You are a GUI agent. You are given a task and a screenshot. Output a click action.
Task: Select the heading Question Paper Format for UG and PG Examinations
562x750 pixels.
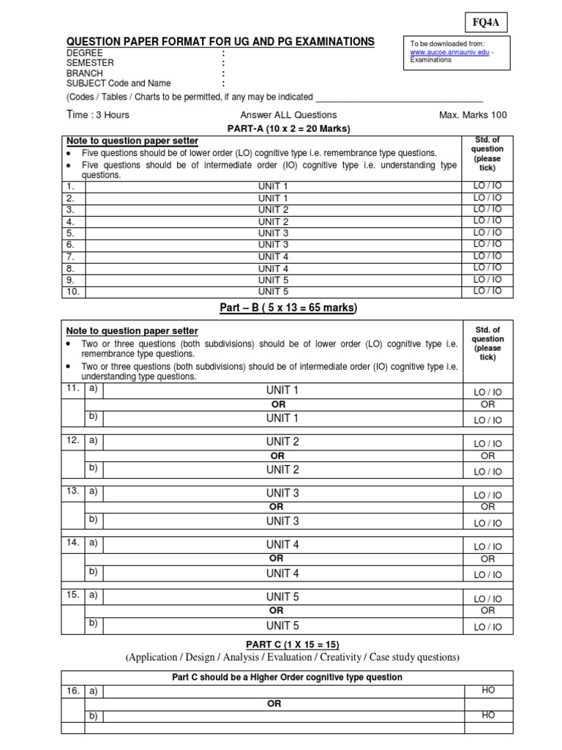point(220,42)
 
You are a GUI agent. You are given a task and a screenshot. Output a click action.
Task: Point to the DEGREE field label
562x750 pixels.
point(85,53)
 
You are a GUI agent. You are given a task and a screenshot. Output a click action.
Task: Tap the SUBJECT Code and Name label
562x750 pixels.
point(119,83)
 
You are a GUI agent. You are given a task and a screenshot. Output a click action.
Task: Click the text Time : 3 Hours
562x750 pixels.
point(99,114)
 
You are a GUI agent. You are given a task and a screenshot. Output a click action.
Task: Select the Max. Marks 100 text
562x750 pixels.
point(472,115)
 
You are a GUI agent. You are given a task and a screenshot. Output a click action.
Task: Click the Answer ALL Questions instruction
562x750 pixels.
point(288,115)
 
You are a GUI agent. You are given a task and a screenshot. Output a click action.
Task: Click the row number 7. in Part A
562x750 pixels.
point(71,256)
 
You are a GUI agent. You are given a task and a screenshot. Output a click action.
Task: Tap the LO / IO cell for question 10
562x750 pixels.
point(487,291)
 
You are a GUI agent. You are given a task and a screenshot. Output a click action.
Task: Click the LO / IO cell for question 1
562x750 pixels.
point(487,186)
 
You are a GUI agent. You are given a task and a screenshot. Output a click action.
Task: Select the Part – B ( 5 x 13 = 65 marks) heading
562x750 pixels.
point(288,308)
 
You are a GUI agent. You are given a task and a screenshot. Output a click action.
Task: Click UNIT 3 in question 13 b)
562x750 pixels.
point(282,521)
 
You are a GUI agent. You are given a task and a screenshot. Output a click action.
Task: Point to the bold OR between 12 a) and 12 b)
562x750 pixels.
point(277,456)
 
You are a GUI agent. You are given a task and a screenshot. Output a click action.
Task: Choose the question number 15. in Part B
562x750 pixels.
point(72,595)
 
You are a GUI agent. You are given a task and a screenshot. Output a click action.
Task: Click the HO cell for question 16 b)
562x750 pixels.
point(487,715)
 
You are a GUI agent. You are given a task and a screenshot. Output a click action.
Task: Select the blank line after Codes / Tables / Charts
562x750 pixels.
point(400,97)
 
